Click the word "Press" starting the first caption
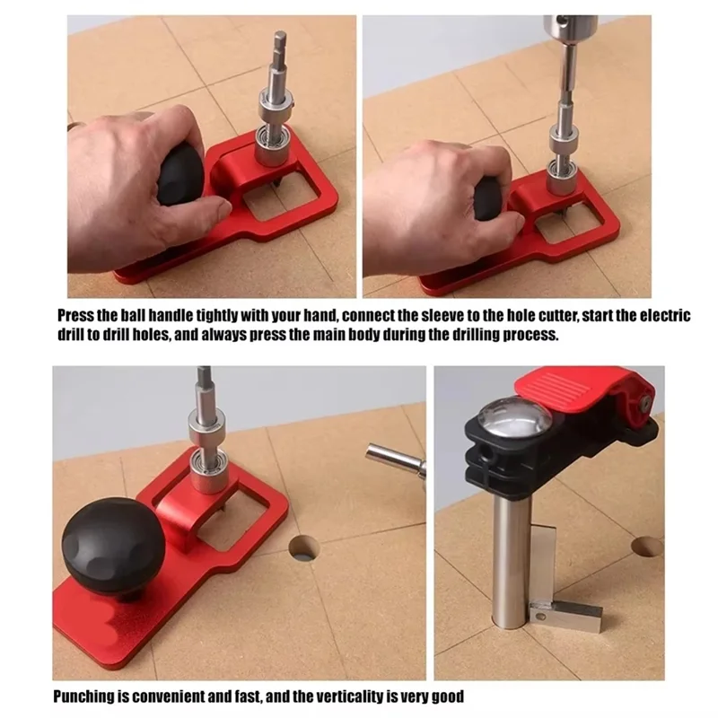[x=76, y=316]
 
